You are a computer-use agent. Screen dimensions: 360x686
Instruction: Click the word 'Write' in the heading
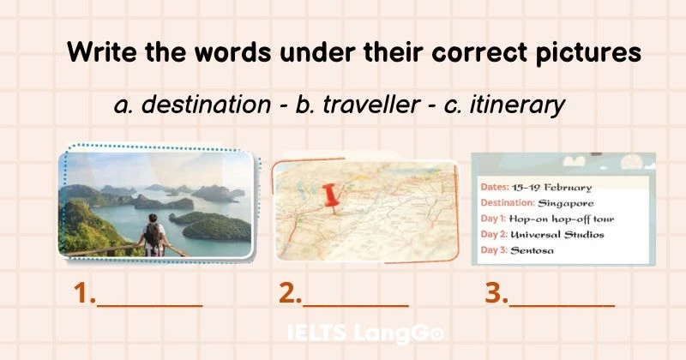(99, 52)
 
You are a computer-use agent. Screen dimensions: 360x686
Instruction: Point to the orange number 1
(83, 294)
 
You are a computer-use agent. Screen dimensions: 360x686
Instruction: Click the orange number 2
(289, 294)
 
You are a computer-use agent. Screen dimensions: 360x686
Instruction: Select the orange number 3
(495, 294)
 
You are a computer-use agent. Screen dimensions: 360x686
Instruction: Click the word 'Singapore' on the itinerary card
(566, 203)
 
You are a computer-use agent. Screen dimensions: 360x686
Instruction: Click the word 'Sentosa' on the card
(533, 250)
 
